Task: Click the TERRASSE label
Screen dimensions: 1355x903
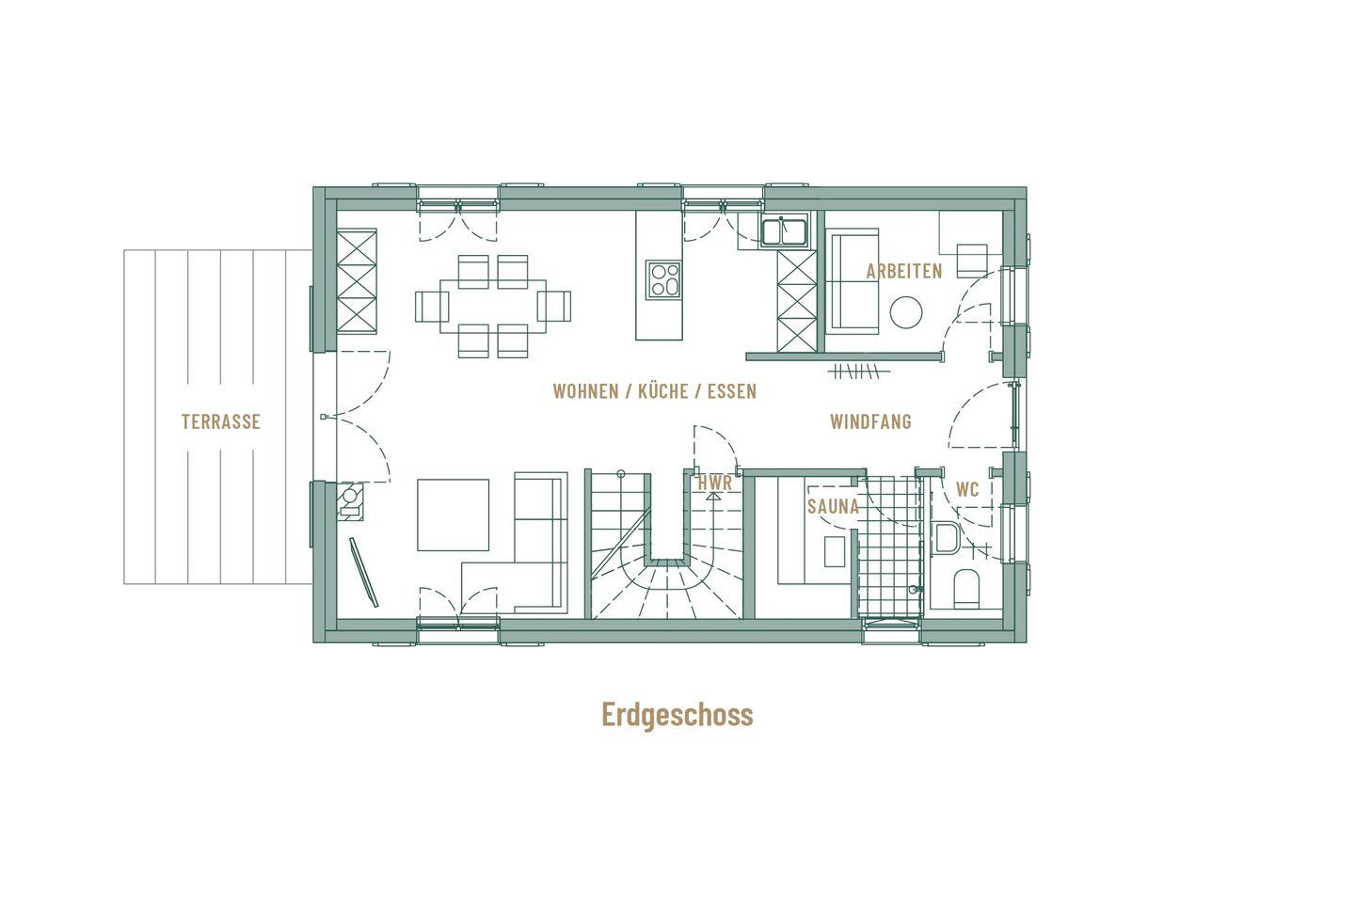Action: (x=221, y=421)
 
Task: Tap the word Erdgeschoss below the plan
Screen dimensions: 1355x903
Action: (x=677, y=714)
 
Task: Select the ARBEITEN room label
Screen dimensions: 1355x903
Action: (x=904, y=271)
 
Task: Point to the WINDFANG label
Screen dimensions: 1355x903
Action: (x=870, y=421)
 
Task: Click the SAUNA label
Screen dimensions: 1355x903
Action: (x=833, y=506)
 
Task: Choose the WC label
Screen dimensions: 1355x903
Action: (x=967, y=489)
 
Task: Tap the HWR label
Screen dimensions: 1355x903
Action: (x=715, y=483)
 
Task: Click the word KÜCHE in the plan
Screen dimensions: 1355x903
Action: (x=663, y=390)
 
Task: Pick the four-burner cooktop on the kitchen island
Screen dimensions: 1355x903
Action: (x=663, y=280)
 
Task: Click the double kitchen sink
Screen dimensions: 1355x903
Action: (x=784, y=232)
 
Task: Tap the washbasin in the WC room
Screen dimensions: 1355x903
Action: (x=946, y=538)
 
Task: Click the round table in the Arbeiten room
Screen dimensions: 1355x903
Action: (x=905, y=312)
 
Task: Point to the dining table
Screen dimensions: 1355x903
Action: (x=493, y=306)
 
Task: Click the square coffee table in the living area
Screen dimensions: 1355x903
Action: (x=454, y=515)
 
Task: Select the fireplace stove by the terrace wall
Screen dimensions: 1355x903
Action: (x=350, y=501)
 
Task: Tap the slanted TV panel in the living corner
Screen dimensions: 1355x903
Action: (x=363, y=572)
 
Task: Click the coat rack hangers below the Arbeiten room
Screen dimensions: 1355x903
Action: (x=858, y=371)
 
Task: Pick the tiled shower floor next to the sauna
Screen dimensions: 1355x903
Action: (x=889, y=547)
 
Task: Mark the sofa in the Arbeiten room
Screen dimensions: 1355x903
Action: (x=853, y=281)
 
